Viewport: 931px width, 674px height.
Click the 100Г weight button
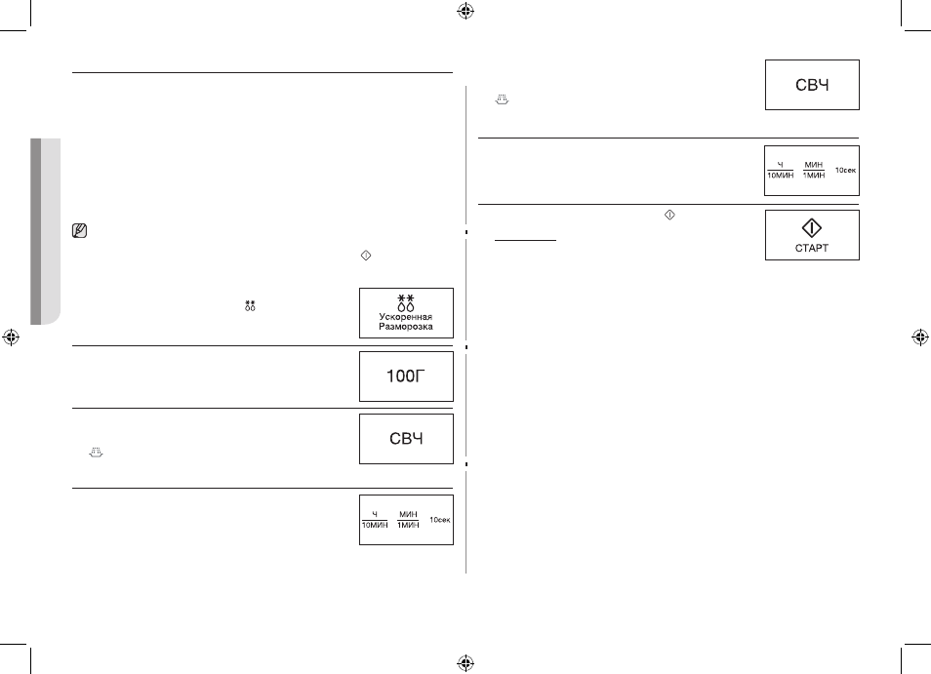(x=406, y=377)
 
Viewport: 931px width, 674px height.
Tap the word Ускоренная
(x=406, y=317)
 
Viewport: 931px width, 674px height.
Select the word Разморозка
(x=406, y=327)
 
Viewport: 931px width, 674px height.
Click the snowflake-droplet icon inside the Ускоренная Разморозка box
(x=406, y=302)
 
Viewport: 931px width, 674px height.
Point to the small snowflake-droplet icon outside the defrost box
(x=250, y=305)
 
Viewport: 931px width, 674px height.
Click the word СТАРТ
(x=812, y=248)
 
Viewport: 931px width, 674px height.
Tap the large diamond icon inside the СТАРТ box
(x=812, y=228)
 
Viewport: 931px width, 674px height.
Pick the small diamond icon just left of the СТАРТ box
(x=669, y=215)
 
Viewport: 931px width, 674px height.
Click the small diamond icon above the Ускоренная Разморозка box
(x=366, y=256)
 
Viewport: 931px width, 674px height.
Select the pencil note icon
(x=79, y=231)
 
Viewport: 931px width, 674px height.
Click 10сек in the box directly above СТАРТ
(x=845, y=171)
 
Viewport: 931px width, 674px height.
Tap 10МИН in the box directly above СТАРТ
(x=780, y=176)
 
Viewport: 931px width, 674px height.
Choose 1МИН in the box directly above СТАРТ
(x=814, y=176)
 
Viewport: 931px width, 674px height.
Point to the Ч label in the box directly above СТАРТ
(x=780, y=165)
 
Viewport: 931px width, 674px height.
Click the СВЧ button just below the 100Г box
(x=406, y=439)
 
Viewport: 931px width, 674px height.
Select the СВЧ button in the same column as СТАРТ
(x=812, y=85)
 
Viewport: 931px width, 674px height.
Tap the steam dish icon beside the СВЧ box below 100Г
(x=97, y=453)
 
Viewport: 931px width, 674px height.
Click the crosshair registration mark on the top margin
(x=465, y=11)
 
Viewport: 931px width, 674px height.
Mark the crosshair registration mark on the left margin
(x=11, y=337)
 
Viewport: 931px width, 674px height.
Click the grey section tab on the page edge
(x=45, y=231)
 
